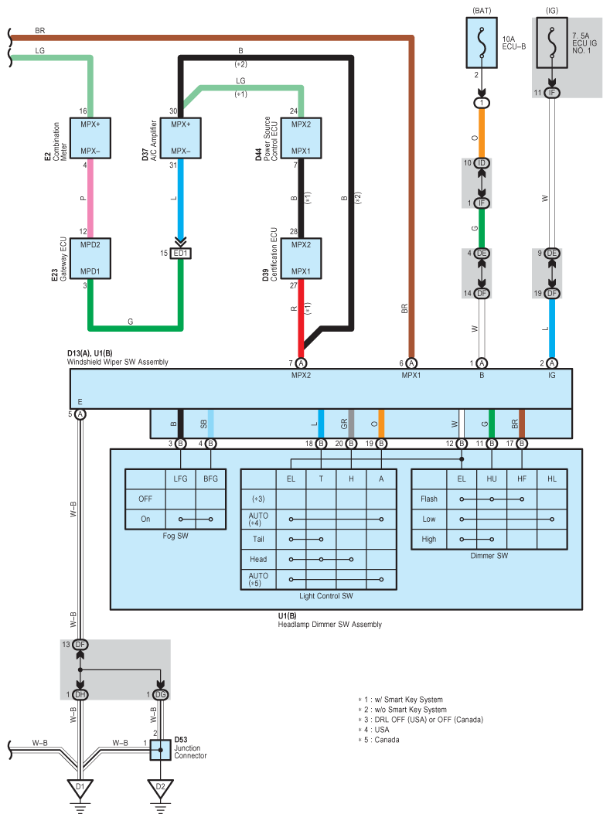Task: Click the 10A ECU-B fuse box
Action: pyautogui.click(x=482, y=43)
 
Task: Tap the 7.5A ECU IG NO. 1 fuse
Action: pyautogui.click(x=551, y=43)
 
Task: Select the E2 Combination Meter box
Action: pyautogui.click(x=90, y=138)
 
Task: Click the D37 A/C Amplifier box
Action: pyautogui.click(x=181, y=138)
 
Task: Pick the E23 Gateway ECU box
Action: pyautogui.click(x=90, y=259)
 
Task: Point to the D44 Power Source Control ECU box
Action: pyautogui.click(x=301, y=138)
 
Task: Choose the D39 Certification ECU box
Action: pyautogui.click(x=301, y=259)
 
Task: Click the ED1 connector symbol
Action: pyautogui.click(x=181, y=254)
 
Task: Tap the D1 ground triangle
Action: pyautogui.click(x=80, y=788)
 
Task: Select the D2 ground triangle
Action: pyautogui.click(x=160, y=788)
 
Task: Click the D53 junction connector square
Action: pyautogui.click(x=161, y=750)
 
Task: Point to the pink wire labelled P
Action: pyautogui.click(x=90, y=199)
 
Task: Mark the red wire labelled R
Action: pyautogui.click(x=301, y=319)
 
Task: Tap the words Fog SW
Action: pyautogui.click(x=176, y=536)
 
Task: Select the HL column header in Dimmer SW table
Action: pyautogui.click(x=552, y=479)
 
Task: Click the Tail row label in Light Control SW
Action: pyautogui.click(x=258, y=540)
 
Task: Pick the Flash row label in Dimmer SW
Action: pyautogui.click(x=429, y=499)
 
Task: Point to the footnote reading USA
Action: pyautogui.click(x=382, y=729)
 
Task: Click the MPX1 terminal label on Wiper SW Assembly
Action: pyautogui.click(x=411, y=376)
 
